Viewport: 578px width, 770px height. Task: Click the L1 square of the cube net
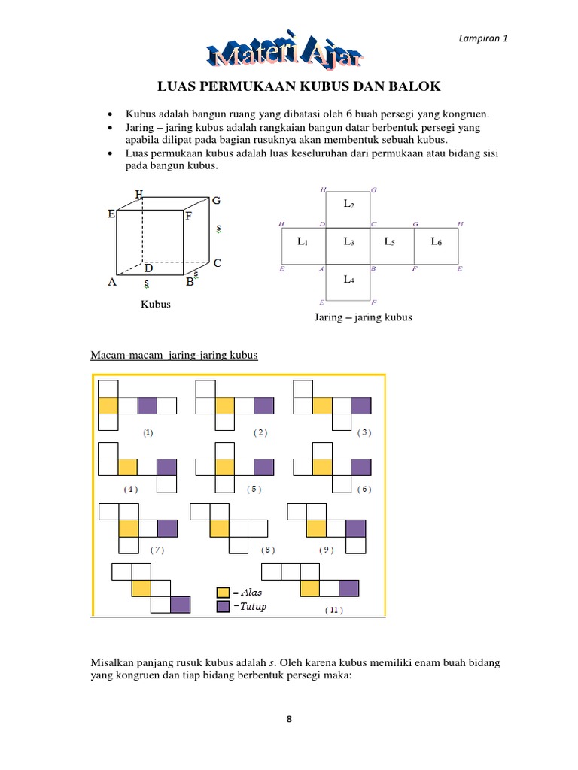[303, 241]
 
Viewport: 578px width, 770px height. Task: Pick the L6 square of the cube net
[437, 241]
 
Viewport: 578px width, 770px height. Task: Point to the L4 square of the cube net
[348, 280]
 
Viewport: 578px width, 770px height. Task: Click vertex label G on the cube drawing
[216, 201]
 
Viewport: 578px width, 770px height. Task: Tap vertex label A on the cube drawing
[111, 283]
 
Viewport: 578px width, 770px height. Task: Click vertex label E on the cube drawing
[111, 214]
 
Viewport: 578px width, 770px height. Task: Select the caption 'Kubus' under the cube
[156, 305]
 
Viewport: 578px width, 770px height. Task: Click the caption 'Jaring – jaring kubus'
[363, 317]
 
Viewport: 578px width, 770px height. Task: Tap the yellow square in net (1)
[108, 406]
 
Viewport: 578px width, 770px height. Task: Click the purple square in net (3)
[362, 406]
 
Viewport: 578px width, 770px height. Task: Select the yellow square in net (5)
[225, 467]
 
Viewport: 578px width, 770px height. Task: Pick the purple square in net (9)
[355, 528]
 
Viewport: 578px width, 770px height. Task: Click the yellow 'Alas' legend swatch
[223, 593]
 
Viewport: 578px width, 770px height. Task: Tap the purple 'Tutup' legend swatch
[223, 606]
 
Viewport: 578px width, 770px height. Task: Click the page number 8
[288, 719]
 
